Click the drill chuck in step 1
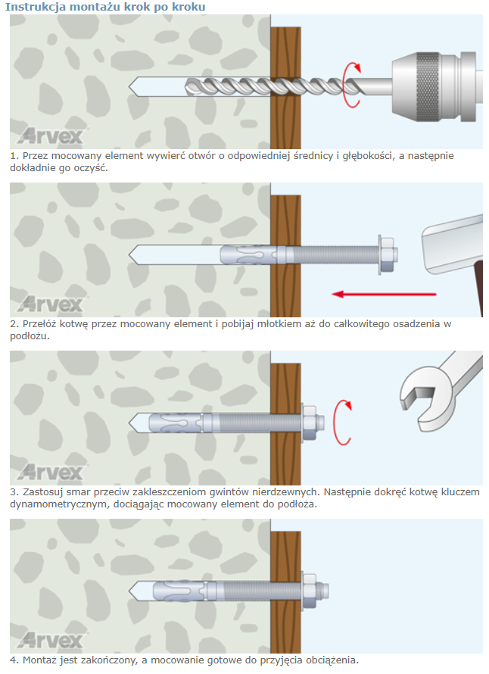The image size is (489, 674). coord(434,87)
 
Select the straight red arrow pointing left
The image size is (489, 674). coord(384,295)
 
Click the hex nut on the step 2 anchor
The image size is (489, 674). coord(388,254)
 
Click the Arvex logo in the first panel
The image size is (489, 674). coord(51,136)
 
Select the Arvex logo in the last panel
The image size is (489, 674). coord(51,640)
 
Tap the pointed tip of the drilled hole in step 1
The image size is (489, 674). coord(129,86)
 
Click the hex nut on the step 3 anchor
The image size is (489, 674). coord(310,423)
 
